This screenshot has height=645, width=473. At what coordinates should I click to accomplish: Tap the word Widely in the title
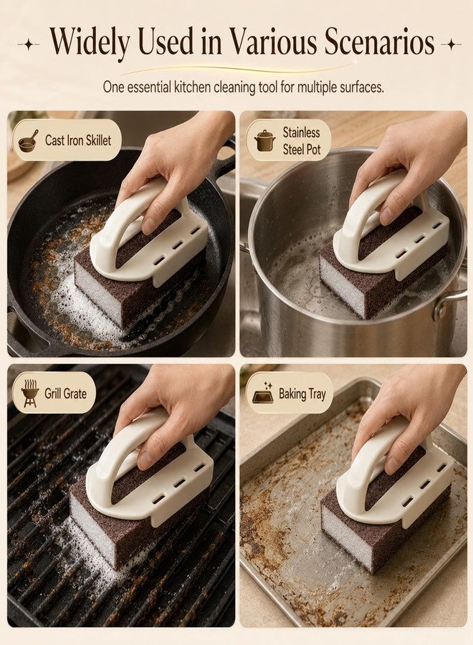[x=90, y=42]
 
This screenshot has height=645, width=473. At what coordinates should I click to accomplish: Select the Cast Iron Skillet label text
[x=78, y=140]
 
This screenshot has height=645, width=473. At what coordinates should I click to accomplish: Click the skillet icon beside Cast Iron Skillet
[x=29, y=140]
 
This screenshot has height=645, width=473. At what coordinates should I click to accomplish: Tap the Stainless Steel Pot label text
[x=302, y=140]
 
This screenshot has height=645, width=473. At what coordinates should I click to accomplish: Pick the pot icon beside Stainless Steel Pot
[x=265, y=140]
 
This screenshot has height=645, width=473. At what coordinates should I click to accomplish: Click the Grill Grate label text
[x=66, y=393]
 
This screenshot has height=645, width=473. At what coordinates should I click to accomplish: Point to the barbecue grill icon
[x=30, y=393]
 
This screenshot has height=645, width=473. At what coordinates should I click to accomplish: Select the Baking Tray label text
[x=302, y=394]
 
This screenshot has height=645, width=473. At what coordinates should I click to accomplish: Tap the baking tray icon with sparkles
[x=263, y=392]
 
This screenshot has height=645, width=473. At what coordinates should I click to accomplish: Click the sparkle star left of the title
[x=29, y=44]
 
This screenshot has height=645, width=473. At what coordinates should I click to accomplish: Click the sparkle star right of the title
[x=451, y=44]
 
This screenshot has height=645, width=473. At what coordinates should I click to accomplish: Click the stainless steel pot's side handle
[x=451, y=302]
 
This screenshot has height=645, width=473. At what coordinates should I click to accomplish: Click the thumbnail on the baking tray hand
[x=393, y=467]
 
